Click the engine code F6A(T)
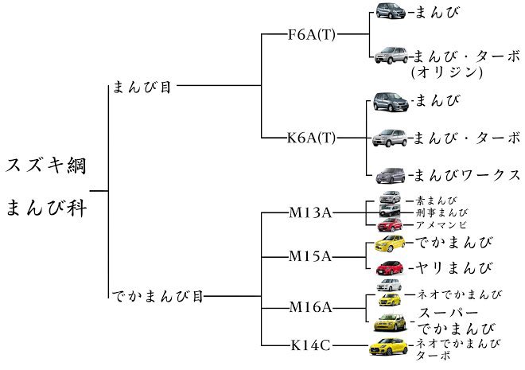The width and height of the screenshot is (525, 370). pos(312,36)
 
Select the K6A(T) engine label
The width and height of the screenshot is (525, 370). pos(312,137)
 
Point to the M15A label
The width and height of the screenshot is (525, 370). pos(311,256)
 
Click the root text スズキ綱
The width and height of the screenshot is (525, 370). pos(46,166)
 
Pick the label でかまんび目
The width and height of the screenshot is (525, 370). pos(158,298)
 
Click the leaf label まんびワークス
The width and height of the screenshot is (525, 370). pos(467,174)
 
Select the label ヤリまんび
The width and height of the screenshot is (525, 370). pos(454,267)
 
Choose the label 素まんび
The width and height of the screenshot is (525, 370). pos(435,201)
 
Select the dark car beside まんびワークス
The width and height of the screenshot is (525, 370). pos(388,174)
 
